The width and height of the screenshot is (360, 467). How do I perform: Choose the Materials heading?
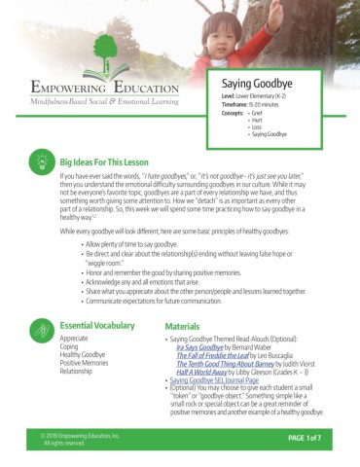click(x=183, y=299)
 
